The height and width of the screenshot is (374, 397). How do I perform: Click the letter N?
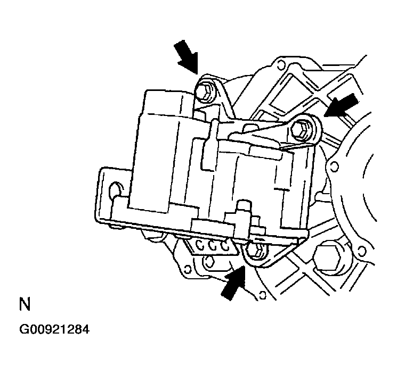coord(24,305)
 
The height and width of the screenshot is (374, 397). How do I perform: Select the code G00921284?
coord(54,330)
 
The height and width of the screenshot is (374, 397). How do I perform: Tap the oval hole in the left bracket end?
coord(115,190)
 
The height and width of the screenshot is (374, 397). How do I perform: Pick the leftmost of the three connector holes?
coord(201,245)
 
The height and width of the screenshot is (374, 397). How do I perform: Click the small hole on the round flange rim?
coord(334,167)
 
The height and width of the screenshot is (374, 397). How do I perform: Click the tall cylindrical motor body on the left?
coord(160,149)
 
